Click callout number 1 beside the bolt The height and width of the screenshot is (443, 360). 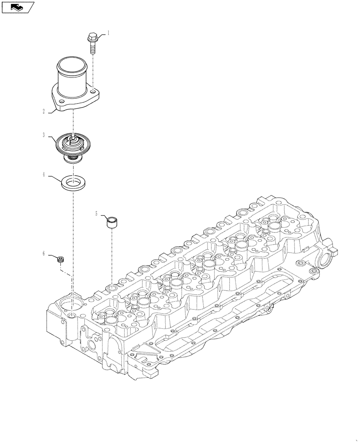tap(107, 33)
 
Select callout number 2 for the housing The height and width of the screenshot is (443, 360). tap(43, 112)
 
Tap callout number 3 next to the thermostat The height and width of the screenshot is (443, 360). tap(43, 135)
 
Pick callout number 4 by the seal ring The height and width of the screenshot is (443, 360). tap(43, 175)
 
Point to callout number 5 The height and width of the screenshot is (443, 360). tap(96, 214)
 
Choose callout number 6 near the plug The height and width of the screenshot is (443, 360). tap(43, 253)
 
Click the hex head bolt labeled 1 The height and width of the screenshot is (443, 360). tap(92, 39)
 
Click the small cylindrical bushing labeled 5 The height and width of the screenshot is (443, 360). tap(112, 221)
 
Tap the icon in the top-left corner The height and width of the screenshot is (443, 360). tap(18, 7)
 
